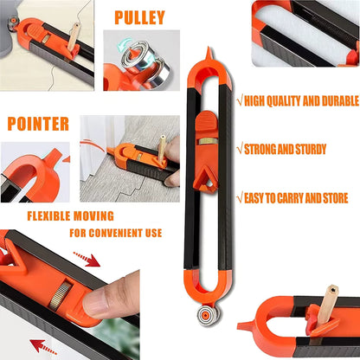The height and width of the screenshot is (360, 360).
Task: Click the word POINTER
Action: pyautogui.click(x=38, y=123)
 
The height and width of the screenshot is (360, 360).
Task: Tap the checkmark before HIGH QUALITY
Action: pyautogui.click(x=240, y=100)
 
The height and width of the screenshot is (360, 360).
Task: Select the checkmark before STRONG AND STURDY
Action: pyautogui.click(x=240, y=148)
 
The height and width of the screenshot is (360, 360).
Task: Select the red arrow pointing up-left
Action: pyautogui.click(x=43, y=347)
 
